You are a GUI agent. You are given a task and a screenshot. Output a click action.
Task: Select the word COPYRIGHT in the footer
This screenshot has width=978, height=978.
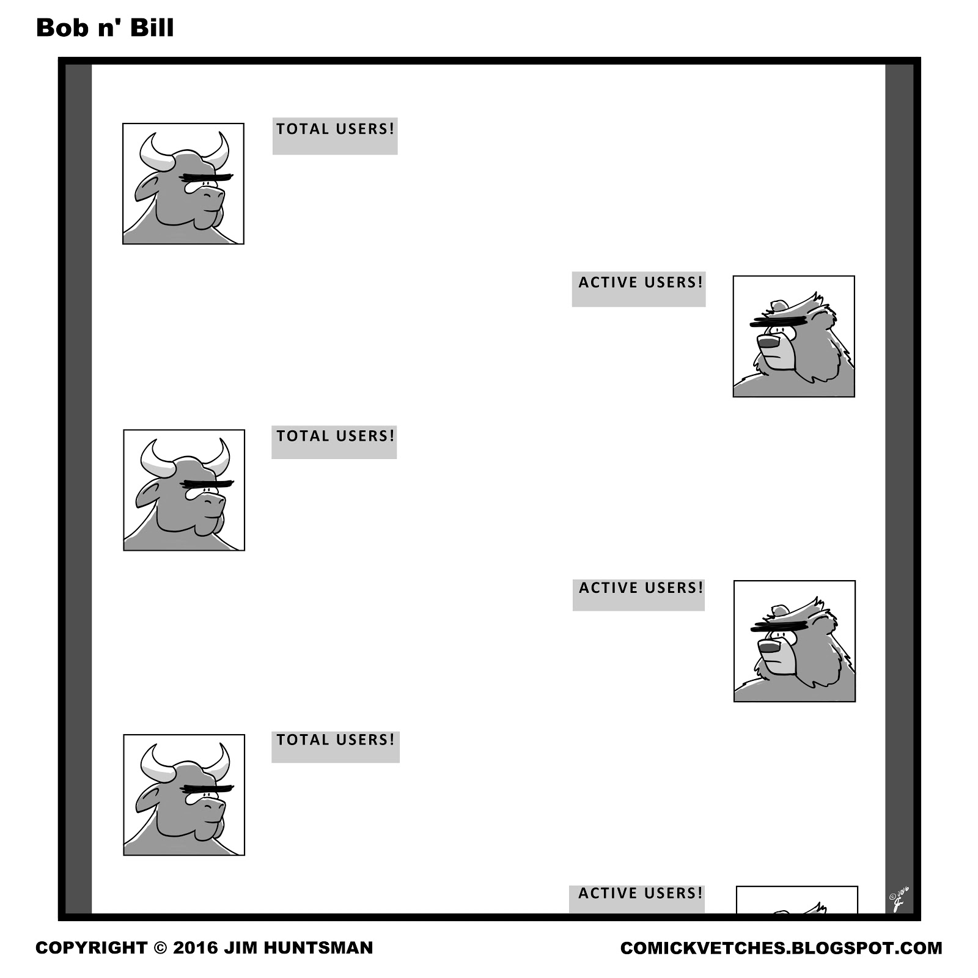click(91, 948)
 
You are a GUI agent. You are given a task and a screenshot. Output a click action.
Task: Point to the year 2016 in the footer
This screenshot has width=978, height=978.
click(196, 948)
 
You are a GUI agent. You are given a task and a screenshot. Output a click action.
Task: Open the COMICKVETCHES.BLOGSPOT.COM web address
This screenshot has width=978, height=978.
click(781, 948)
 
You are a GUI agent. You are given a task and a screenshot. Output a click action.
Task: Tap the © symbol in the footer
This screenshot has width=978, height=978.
click(160, 948)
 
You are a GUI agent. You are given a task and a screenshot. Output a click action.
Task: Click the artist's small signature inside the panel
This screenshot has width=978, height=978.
click(899, 898)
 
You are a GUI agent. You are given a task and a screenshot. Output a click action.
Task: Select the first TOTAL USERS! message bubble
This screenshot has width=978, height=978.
click(335, 136)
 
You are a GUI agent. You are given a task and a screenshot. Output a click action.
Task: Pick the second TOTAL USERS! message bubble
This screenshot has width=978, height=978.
click(334, 442)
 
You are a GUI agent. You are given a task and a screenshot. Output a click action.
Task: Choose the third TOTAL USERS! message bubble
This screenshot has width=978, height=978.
click(336, 746)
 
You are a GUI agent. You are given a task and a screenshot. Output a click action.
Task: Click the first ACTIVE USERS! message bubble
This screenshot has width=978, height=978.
click(639, 289)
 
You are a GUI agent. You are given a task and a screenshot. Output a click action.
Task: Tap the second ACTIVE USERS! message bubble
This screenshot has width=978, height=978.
click(639, 595)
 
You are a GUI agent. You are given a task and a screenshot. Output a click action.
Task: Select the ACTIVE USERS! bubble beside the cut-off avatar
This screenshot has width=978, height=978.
click(637, 899)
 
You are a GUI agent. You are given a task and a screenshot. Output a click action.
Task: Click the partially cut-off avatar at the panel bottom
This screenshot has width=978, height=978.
click(796, 899)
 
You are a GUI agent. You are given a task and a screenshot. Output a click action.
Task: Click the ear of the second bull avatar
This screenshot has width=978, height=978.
click(147, 493)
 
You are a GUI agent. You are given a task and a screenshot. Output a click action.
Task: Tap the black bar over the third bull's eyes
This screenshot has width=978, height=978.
click(208, 788)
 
